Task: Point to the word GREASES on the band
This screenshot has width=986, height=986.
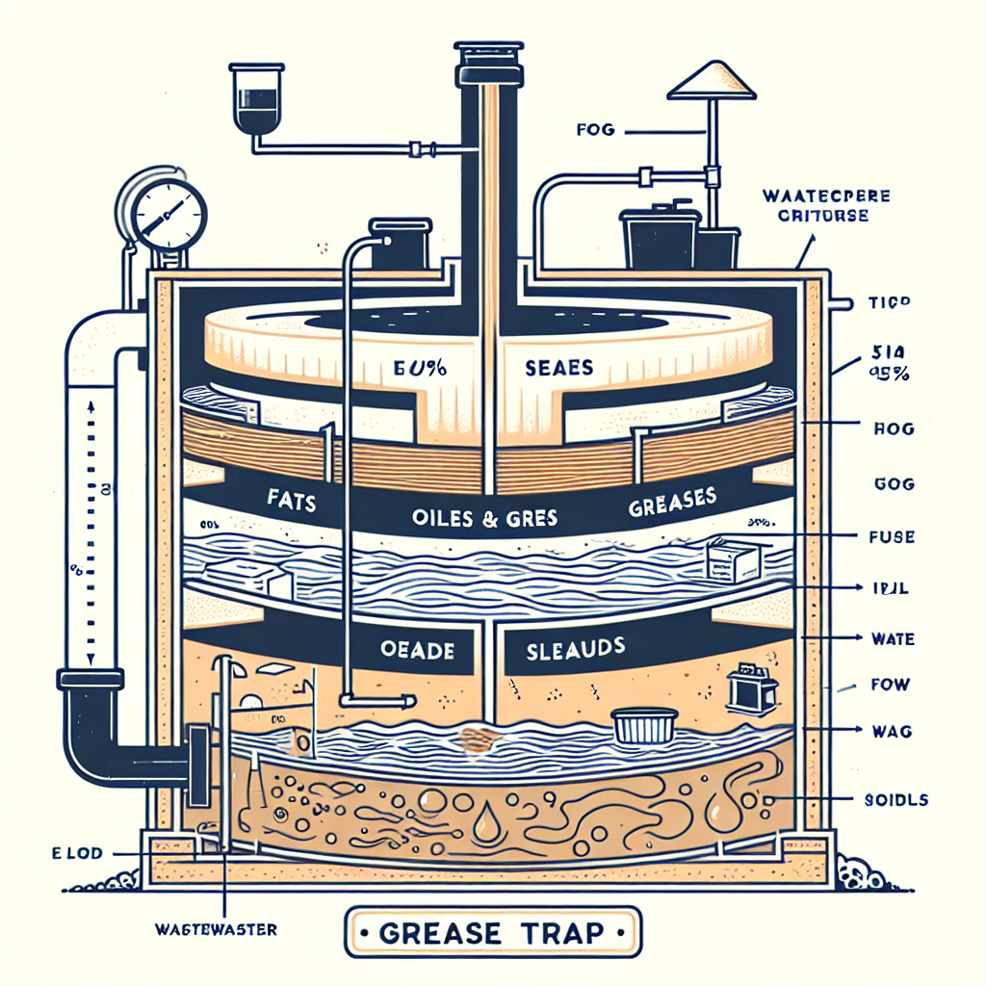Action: pyautogui.click(x=671, y=501)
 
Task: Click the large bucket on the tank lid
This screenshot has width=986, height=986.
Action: pyautogui.click(x=660, y=236)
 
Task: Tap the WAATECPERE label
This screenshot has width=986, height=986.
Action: pyautogui.click(x=825, y=195)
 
